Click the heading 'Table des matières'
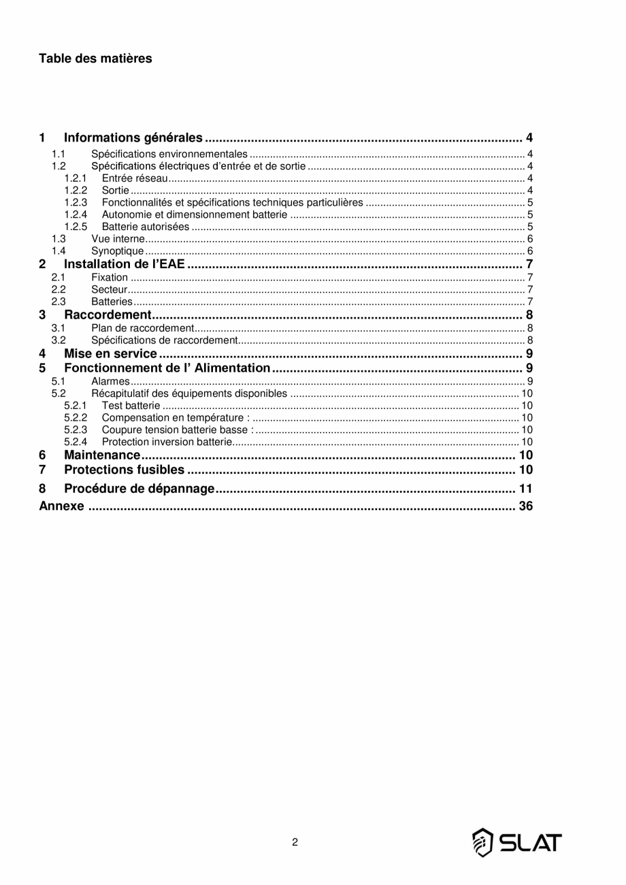[95, 59]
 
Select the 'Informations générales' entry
[133, 138]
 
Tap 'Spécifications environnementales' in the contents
[169, 155]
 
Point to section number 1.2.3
[76, 202]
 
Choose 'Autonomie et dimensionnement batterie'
[195, 214]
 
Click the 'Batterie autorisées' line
[146, 227]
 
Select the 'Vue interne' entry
[118, 239]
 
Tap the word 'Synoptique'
[118, 251]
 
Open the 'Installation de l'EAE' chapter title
[125, 264]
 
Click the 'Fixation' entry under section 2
[110, 277]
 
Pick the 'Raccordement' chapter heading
[107, 315]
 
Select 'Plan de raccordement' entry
[143, 328]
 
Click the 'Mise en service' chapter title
[110, 353]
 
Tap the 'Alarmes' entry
[110, 381]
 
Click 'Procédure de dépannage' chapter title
[139, 489]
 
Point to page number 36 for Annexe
[525, 506]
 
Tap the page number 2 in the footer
[295, 842]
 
